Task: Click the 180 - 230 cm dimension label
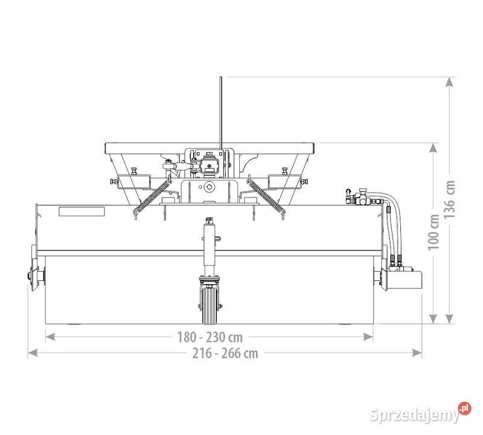click(210, 337)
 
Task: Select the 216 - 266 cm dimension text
click(225, 353)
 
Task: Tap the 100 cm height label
click(433, 232)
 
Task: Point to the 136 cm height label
click(450, 199)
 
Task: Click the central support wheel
click(210, 304)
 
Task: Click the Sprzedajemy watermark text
click(415, 414)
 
